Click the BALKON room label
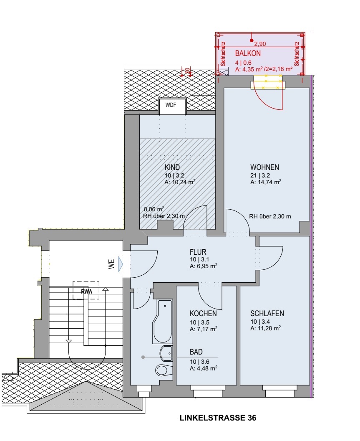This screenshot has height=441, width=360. (248, 53)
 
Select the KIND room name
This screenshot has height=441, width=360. (172, 167)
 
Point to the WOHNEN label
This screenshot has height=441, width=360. (264, 167)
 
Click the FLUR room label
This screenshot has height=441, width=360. (198, 252)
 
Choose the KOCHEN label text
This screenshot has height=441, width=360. (203, 313)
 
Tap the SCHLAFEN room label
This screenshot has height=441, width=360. (267, 313)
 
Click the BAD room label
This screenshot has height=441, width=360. (196, 352)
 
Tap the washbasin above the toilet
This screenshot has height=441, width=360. (166, 353)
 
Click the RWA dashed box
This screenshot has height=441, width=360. (86, 290)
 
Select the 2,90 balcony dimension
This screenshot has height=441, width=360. (260, 44)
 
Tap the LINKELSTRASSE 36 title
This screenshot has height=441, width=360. (218, 418)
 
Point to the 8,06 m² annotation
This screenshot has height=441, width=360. (154, 209)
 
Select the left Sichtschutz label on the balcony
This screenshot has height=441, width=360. (223, 54)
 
